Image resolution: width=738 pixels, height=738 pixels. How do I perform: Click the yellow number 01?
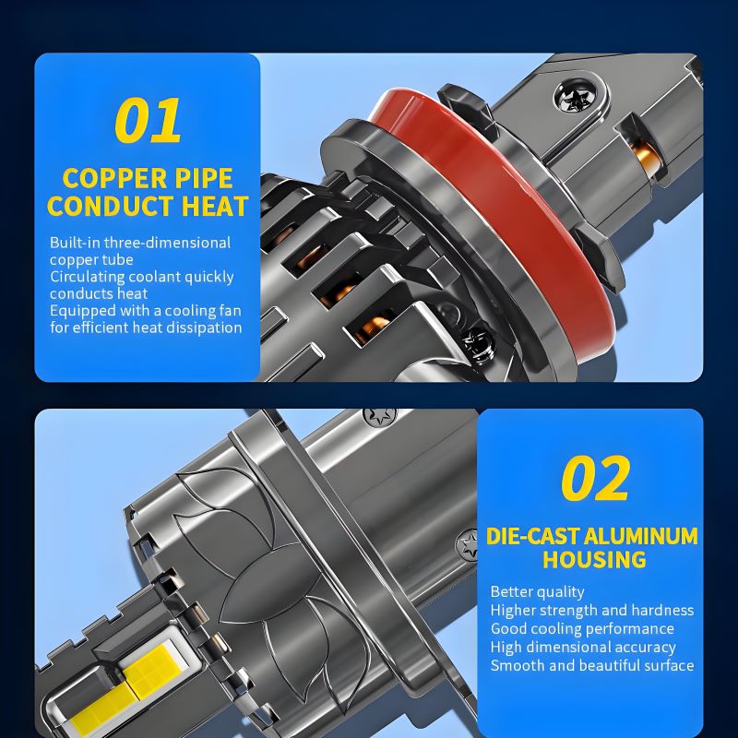point(148,120)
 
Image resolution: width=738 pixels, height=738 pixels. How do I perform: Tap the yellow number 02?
point(595,478)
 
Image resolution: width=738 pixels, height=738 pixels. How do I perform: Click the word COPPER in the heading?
point(114,178)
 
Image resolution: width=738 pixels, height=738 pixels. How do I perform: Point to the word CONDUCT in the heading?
point(111,206)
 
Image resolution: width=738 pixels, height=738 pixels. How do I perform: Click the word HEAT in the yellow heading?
point(215,206)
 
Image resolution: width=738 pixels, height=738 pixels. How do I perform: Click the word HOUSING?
point(594,559)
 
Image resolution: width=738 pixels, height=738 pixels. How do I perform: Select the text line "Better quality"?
point(538,591)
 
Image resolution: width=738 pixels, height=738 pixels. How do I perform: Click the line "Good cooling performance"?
point(582,629)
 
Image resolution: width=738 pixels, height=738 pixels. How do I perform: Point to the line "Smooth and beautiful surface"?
point(592,665)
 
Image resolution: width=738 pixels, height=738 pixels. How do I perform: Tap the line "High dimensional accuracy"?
point(583,648)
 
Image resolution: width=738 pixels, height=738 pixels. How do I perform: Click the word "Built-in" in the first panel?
point(76,243)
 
